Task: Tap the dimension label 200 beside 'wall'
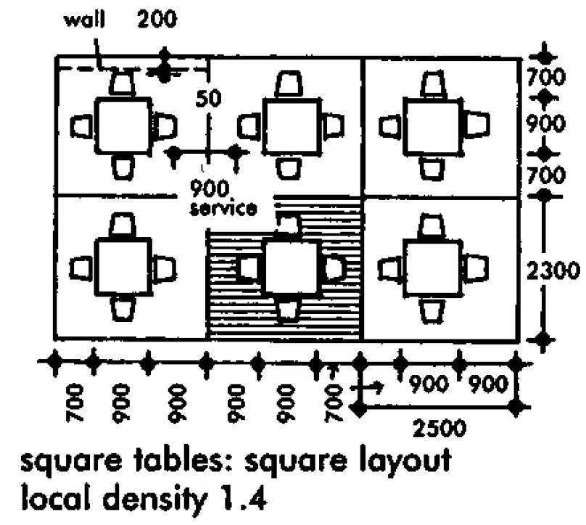[x=156, y=20]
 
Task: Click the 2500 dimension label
[x=439, y=427]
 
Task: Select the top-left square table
[x=124, y=125]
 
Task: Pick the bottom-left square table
[x=124, y=266]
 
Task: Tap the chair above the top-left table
[x=123, y=83]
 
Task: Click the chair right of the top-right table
[x=476, y=126]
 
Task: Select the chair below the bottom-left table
[x=123, y=309]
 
